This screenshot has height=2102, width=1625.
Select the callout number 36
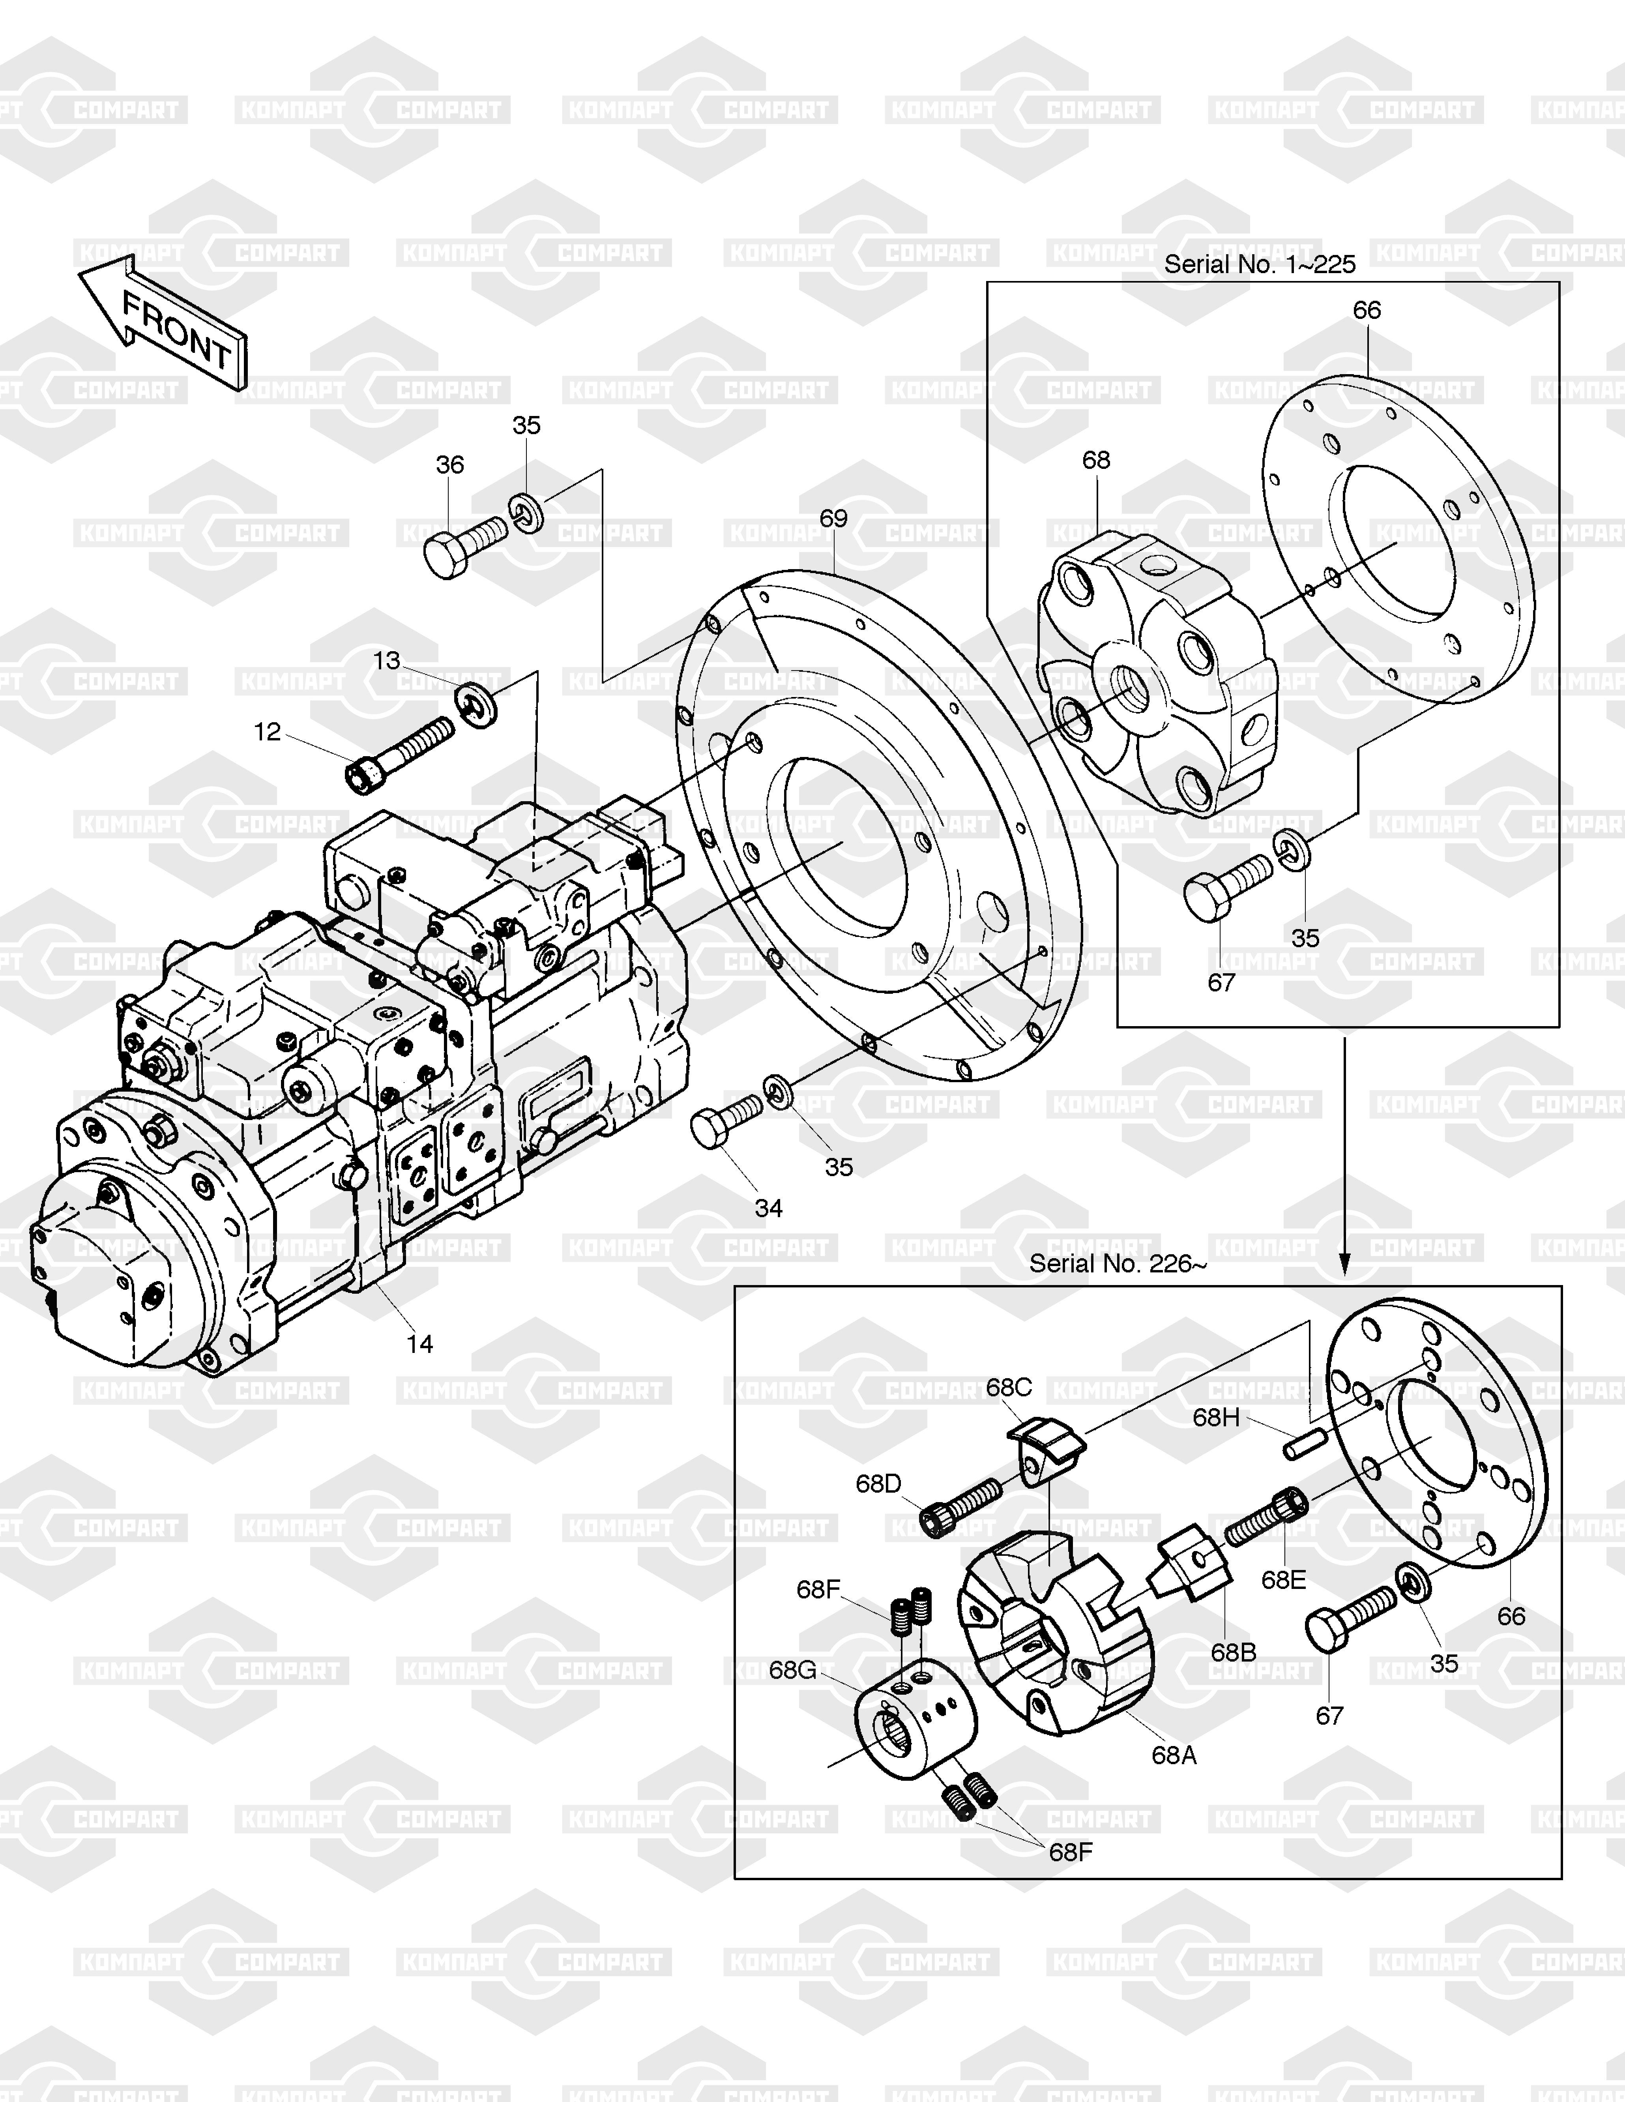[x=449, y=465]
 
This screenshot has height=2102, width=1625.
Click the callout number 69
[x=833, y=519]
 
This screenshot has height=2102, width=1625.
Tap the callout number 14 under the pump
[x=419, y=1345]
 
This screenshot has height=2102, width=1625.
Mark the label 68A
[x=1174, y=1755]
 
